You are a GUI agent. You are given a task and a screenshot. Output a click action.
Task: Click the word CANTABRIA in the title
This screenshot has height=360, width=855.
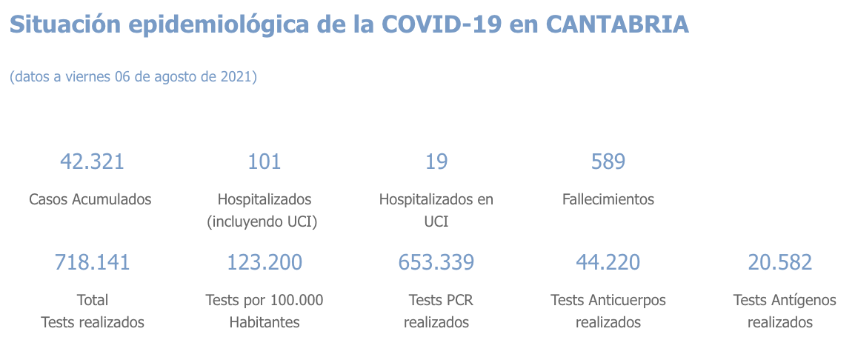pyautogui.click(x=617, y=25)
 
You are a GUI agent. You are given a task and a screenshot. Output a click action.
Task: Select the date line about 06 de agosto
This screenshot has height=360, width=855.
pyautogui.click(x=133, y=77)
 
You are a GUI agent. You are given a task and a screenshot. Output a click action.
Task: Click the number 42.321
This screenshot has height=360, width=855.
pyautogui.click(x=91, y=161)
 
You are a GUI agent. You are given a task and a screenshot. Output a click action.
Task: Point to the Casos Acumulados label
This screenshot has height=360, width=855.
pyautogui.click(x=90, y=199)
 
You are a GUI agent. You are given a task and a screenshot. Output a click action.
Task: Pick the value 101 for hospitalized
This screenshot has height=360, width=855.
pyautogui.click(x=264, y=161)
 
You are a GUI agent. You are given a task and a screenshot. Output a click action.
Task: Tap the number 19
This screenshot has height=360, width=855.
pyautogui.click(x=436, y=161)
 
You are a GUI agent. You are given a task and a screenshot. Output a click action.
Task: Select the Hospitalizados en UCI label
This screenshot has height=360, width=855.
pyautogui.click(x=436, y=210)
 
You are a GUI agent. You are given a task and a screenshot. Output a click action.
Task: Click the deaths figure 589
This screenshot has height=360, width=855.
pyautogui.click(x=608, y=161)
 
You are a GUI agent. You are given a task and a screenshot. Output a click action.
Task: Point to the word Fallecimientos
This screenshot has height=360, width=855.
pyautogui.click(x=608, y=199)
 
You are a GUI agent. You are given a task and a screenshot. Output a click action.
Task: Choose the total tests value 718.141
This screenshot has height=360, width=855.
pyautogui.click(x=92, y=262)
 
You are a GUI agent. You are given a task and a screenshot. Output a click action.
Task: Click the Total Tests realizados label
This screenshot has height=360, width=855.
pyautogui.click(x=93, y=311)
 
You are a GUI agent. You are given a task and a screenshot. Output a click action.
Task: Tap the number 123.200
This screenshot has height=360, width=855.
pyautogui.click(x=265, y=262)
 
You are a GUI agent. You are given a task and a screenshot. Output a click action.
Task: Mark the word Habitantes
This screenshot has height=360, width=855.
pyautogui.click(x=265, y=322)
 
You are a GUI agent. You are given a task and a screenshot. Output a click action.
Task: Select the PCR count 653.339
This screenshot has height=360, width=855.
pyautogui.click(x=436, y=262)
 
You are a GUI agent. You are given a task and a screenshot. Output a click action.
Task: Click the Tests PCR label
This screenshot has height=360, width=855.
pyautogui.click(x=441, y=300)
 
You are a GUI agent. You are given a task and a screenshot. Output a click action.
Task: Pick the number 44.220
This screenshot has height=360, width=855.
pyautogui.click(x=608, y=262)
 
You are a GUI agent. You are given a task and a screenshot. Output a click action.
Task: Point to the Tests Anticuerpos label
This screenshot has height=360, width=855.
pyautogui.click(x=608, y=300)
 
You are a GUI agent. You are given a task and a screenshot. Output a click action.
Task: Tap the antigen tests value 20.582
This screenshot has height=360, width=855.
pyautogui.click(x=780, y=262)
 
